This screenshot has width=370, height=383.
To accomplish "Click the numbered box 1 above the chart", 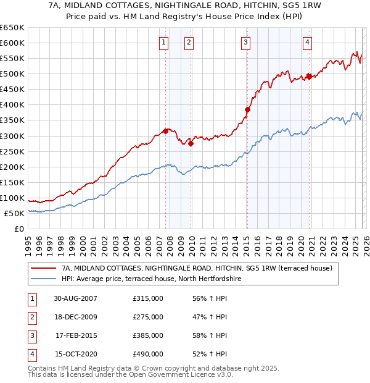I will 164,43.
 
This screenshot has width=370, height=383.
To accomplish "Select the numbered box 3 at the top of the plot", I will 245,43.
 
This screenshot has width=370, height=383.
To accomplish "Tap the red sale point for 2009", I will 191,143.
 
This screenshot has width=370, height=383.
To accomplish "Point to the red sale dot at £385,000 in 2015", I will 247,109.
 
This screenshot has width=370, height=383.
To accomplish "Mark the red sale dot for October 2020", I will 309,77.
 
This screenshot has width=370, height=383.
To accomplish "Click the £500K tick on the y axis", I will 13,74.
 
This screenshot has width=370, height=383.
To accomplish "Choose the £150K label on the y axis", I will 13,183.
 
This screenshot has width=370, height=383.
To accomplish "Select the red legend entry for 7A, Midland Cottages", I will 197,268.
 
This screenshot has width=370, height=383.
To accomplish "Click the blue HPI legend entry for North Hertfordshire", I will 151,279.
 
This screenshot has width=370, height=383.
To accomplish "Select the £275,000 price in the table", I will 148,317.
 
